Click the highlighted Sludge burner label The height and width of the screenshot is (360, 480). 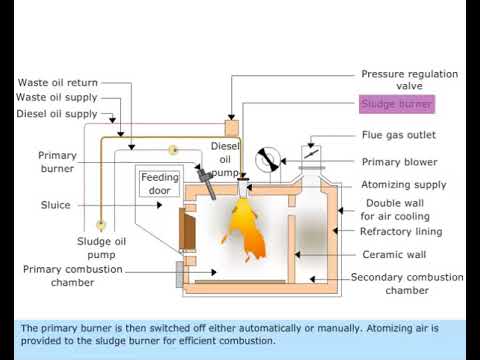397,104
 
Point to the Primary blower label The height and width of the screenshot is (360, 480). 399,162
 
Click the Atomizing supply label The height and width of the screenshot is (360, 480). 403,185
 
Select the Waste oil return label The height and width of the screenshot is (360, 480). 57,82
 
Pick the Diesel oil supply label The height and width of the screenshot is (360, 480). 56,114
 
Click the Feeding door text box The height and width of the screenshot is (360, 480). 159,184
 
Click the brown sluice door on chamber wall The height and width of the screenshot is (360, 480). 186,229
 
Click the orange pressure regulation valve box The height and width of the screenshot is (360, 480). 232,128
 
